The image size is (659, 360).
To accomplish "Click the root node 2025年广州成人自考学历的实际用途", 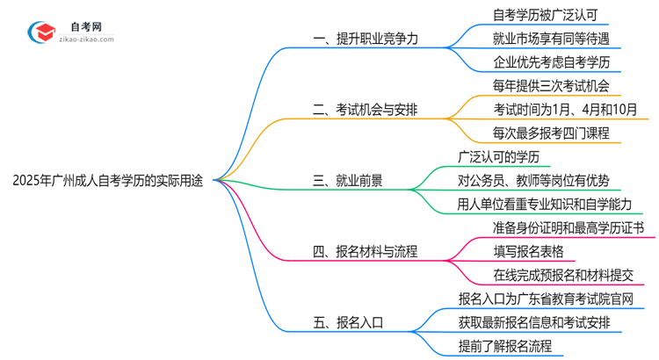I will tap(107, 181).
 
